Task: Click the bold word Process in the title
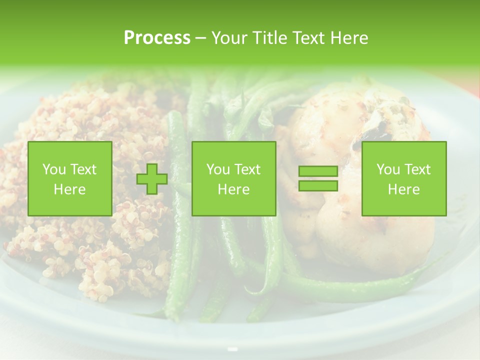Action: tap(157, 38)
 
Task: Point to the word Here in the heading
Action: tap(350, 38)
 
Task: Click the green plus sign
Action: tap(152, 179)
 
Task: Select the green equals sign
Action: tap(318, 179)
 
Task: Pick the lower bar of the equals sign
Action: tap(318, 186)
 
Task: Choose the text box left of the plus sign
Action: tap(69, 178)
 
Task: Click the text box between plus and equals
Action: tap(233, 178)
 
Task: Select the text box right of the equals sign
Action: tap(403, 178)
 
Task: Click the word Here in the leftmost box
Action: tap(69, 189)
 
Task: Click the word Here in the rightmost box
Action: tap(403, 189)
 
